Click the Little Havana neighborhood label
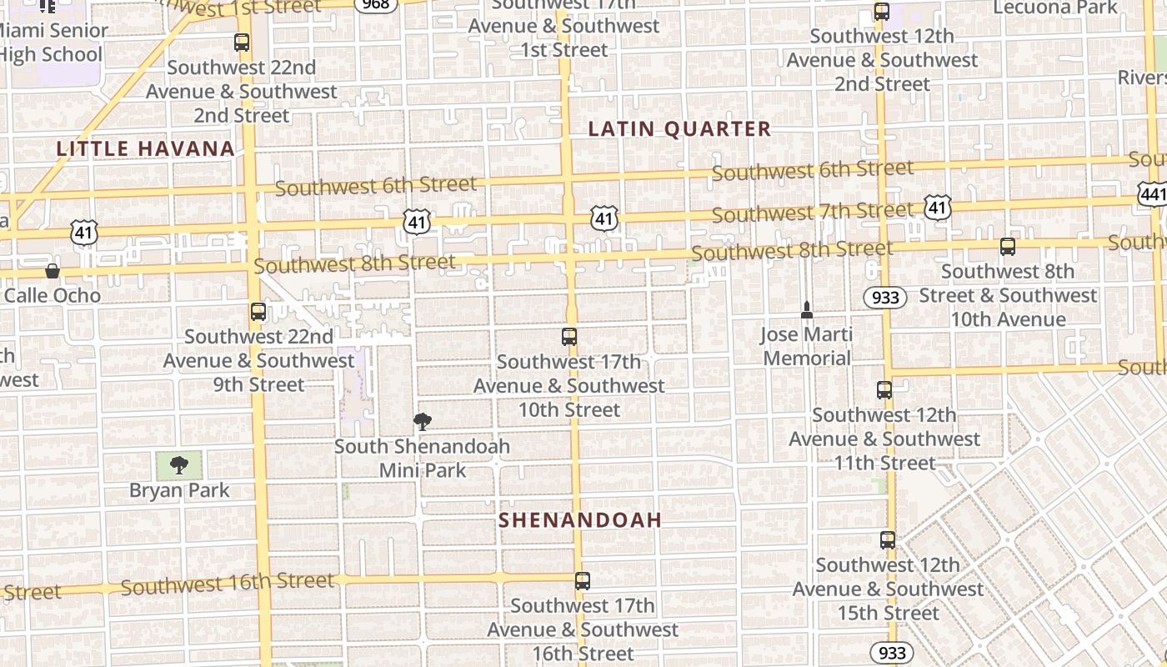point(145,149)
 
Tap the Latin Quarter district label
point(679,129)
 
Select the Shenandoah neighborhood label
point(580,520)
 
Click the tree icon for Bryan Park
point(178,465)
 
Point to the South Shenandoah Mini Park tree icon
point(423,422)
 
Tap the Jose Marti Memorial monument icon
point(806,310)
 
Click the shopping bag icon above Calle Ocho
point(52,270)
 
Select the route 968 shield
point(374,5)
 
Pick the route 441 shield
point(1153,194)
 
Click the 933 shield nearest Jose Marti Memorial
point(884,298)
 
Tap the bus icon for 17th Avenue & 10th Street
point(569,337)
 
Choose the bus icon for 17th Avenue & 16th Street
point(583,581)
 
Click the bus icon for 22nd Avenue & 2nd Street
point(242,43)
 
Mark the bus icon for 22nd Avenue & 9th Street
point(258,312)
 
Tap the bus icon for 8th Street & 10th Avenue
point(1008,247)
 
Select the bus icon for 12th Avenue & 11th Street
point(884,389)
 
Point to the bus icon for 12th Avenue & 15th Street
point(888,539)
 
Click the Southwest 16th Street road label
point(227,584)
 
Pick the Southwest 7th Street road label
point(812,212)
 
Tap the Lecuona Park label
point(1055,8)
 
